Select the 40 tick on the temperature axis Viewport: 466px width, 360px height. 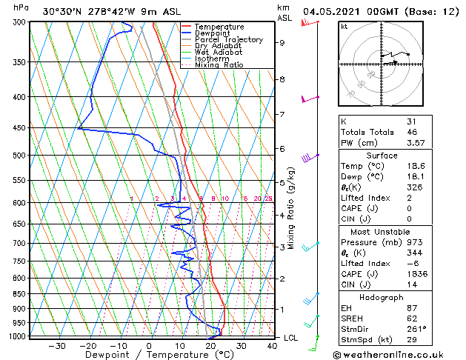click(x=272, y=345)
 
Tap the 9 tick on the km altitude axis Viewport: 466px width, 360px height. click(x=282, y=43)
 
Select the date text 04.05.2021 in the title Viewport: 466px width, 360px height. click(x=336, y=12)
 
